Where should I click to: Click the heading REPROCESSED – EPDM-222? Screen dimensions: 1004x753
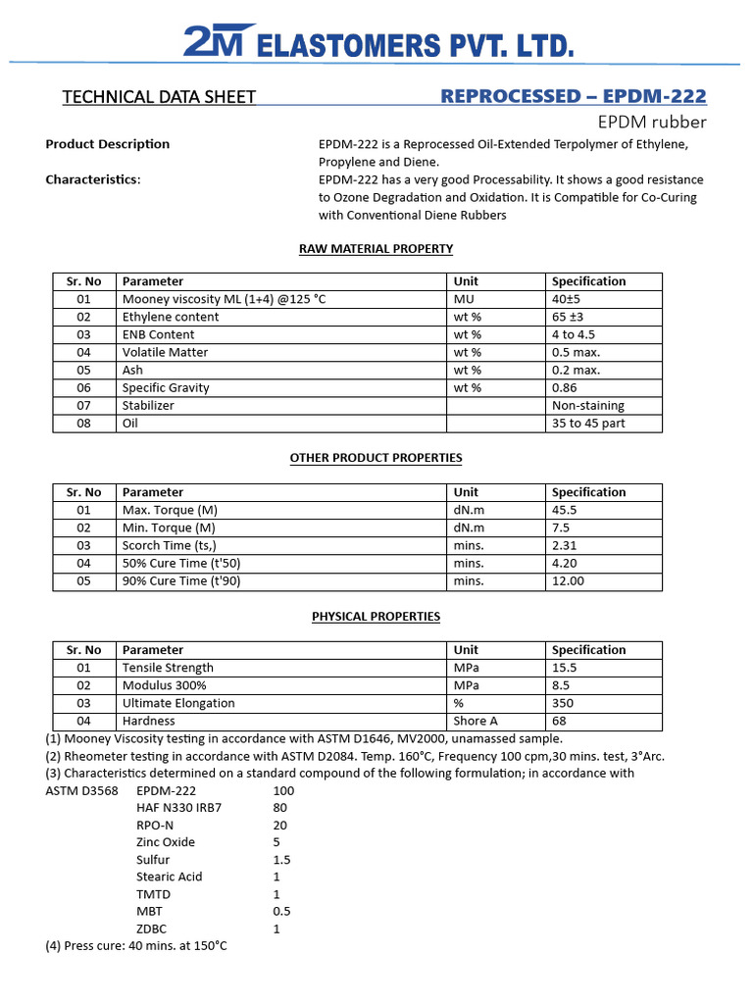[x=574, y=96]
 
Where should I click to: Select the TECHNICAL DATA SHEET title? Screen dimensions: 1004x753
[x=159, y=97]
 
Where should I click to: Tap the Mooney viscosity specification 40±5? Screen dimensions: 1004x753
[x=568, y=299]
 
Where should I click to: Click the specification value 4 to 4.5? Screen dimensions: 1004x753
[x=574, y=334]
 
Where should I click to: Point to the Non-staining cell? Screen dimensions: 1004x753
[x=587, y=405]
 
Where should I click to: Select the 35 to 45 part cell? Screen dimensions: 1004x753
[x=588, y=424]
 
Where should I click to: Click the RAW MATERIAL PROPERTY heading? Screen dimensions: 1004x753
[x=376, y=249]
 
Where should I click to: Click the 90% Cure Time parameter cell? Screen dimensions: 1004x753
[x=181, y=580]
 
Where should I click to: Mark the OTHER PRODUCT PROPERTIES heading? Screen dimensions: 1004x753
[x=376, y=458]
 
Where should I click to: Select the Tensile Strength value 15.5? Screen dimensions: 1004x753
[x=564, y=668]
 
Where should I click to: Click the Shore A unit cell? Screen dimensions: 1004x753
[x=476, y=721]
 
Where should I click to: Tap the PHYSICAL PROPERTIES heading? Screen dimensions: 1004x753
[x=376, y=617]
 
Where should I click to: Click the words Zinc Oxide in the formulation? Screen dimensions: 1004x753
[x=166, y=842]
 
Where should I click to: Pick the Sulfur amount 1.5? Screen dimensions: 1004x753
[x=281, y=860]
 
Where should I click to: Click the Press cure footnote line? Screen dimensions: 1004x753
[x=136, y=946]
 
